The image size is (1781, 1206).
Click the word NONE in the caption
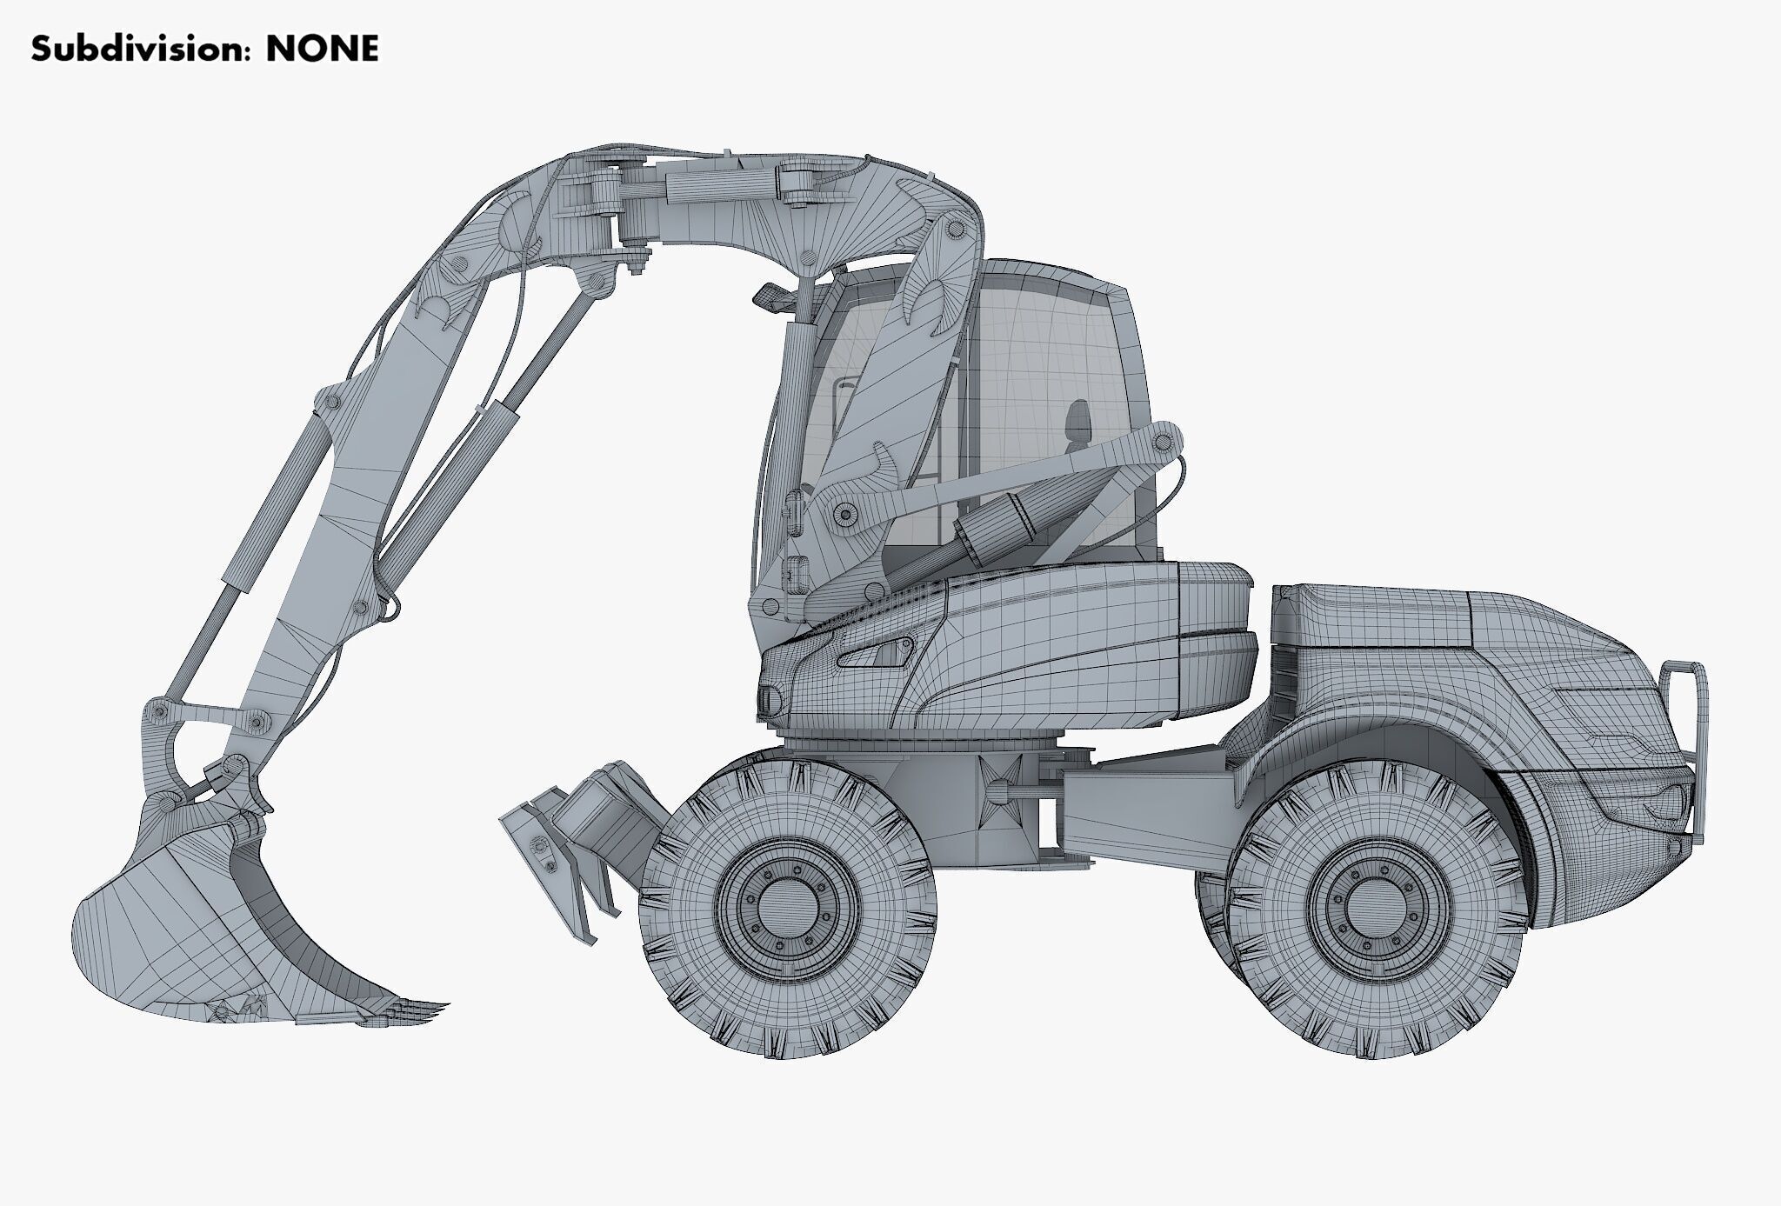pos(322,50)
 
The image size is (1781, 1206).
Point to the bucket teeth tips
pos(430,1009)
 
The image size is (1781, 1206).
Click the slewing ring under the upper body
pos(922,745)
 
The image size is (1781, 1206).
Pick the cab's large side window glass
pos(1061,383)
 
